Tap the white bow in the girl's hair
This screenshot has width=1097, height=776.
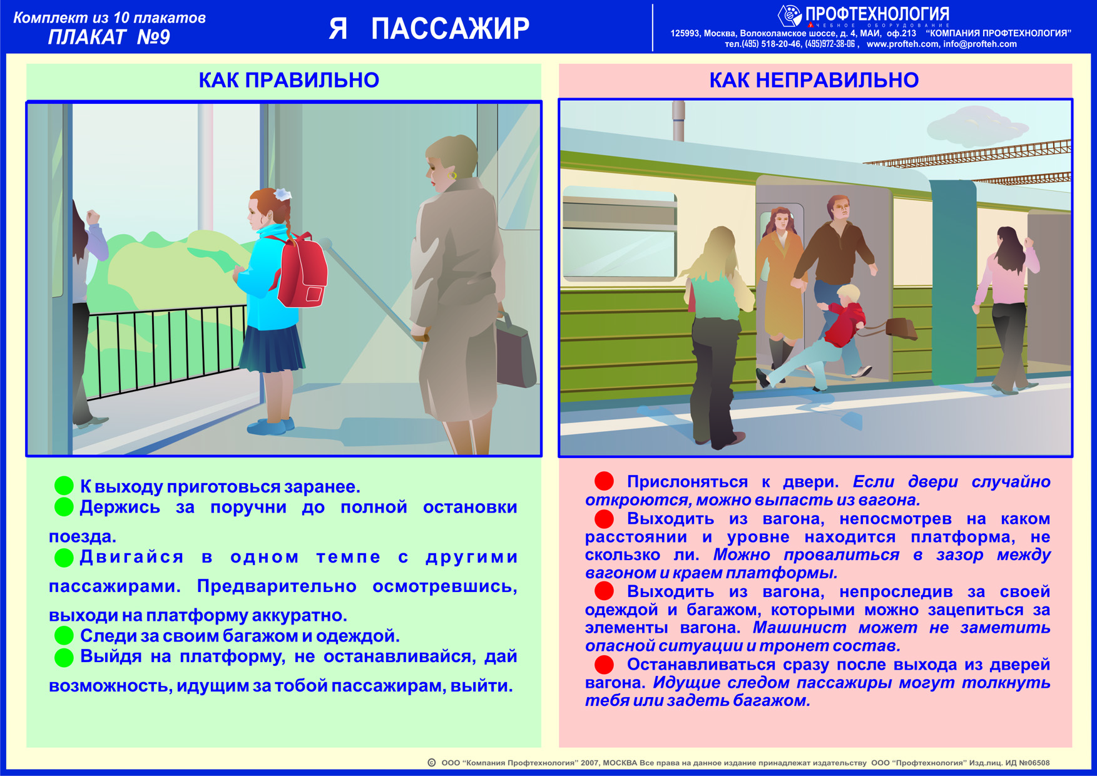(x=282, y=194)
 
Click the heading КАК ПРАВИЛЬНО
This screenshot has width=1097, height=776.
(x=288, y=80)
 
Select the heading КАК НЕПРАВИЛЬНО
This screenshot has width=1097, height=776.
(x=814, y=80)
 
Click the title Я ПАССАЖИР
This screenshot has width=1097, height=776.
(x=429, y=29)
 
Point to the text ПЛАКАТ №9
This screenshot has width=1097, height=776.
(x=109, y=38)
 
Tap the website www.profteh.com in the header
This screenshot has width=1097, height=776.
(x=902, y=44)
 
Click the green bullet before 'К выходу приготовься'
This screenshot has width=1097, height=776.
(x=64, y=486)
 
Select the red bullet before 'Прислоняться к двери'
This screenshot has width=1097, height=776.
(x=604, y=481)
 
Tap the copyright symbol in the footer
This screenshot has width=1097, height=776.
(x=431, y=763)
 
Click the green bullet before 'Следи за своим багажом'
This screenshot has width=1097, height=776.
(x=64, y=636)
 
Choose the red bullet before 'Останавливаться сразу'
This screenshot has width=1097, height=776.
(x=604, y=665)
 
